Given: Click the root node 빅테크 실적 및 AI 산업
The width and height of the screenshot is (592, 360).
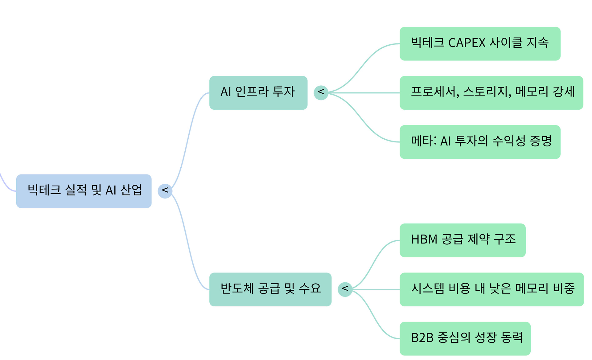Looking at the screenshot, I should tap(84, 191).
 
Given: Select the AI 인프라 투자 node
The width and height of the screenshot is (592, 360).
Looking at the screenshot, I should tap(258, 93).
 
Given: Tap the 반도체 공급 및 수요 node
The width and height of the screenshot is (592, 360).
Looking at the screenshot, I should tap(270, 289).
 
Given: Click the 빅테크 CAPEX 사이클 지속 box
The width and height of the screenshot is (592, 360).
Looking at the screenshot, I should tap(480, 43).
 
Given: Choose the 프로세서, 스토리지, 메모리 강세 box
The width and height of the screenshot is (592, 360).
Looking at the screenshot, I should tap(491, 93).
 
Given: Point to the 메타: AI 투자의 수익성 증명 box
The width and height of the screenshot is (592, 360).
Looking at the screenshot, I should tap(480, 142).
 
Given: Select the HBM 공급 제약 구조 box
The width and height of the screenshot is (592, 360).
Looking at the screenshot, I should tap(462, 240).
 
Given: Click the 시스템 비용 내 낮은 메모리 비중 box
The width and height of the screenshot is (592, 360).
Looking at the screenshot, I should tap(491, 289).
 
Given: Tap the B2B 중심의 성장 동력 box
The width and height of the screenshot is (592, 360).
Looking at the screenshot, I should tap(465, 338).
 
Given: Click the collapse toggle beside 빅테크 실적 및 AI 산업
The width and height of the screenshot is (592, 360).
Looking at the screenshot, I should tap(165, 191).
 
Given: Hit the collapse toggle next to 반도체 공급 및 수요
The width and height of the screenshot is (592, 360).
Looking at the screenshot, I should tap(345, 289).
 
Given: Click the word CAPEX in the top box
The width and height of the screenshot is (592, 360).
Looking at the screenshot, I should tap(467, 43).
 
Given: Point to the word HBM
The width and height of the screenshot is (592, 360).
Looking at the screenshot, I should tap(424, 239).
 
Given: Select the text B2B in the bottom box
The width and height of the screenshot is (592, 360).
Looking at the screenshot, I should tap(422, 338).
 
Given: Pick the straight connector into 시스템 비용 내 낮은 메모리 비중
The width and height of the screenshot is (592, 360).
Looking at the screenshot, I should tap(376, 289).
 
